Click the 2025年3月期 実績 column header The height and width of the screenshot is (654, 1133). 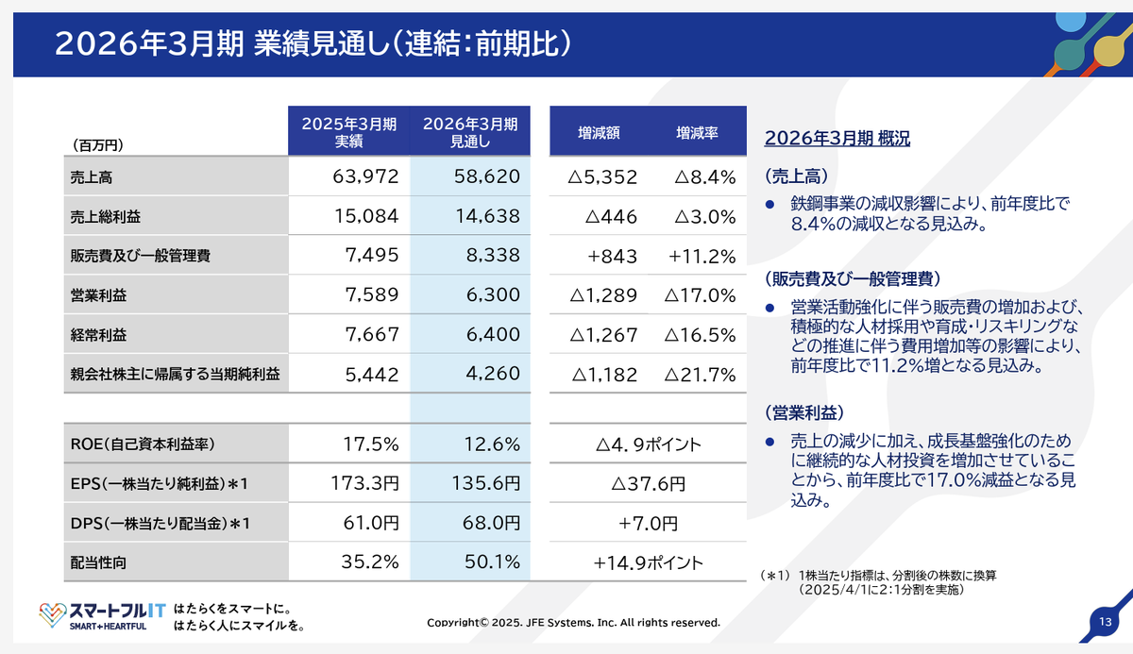[x=348, y=133]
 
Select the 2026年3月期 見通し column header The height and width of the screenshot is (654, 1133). [x=469, y=133]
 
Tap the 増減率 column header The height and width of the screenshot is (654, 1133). [x=697, y=134]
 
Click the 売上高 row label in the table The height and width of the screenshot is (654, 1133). [x=91, y=176]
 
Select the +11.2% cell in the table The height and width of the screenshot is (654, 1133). [x=702, y=256]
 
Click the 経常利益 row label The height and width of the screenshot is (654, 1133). [x=98, y=335]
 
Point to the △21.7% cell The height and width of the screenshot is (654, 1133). [x=700, y=375]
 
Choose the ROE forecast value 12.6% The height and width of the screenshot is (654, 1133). [x=493, y=444]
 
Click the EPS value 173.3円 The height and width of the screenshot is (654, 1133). [x=365, y=484]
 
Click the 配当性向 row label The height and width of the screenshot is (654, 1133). [x=98, y=562]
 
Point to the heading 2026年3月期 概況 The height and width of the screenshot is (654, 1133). [x=837, y=138]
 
